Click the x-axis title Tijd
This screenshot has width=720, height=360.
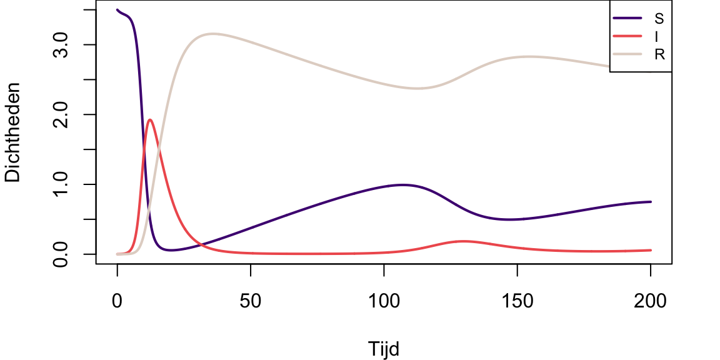[x=384, y=348]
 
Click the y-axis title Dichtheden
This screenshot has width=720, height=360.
[x=13, y=133]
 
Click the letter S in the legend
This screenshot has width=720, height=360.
[x=659, y=17]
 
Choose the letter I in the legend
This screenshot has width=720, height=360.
[x=659, y=36]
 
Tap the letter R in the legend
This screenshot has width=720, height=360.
[x=659, y=54]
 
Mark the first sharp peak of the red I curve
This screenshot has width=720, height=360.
[x=150, y=119]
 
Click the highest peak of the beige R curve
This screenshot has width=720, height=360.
[x=212, y=34]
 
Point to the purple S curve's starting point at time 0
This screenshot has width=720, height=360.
[x=117, y=10]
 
